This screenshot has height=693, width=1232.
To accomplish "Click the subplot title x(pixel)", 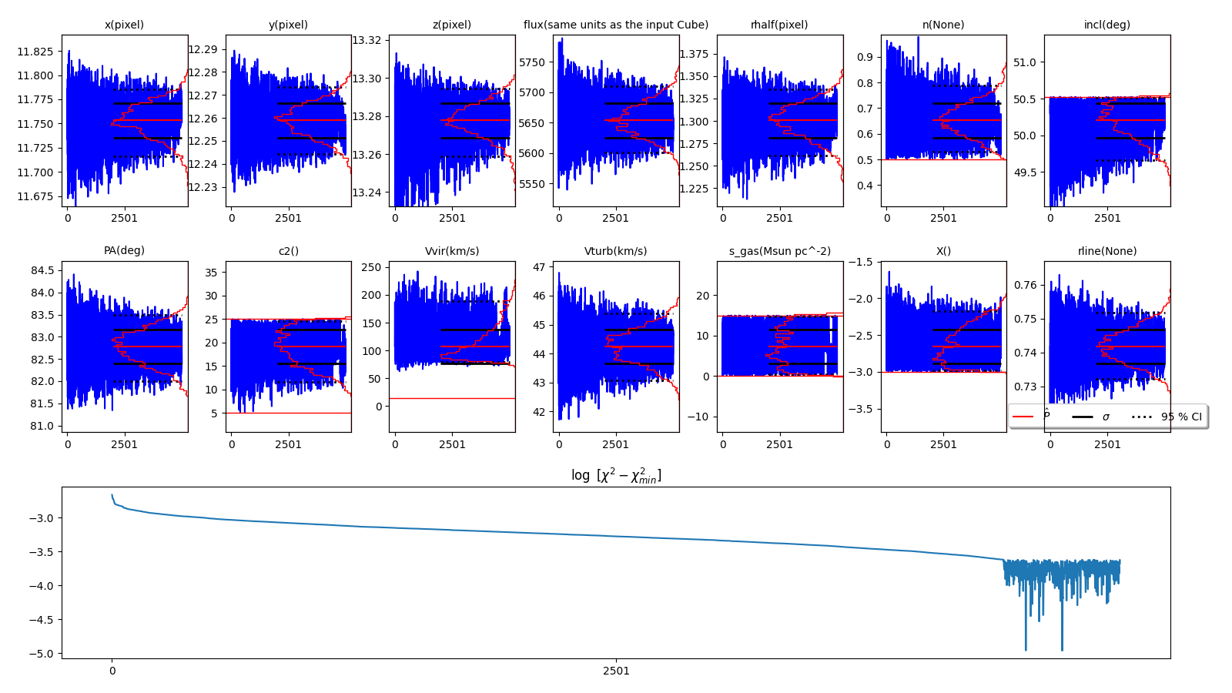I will click(124, 25).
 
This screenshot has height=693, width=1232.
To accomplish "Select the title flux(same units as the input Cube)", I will click(615, 25).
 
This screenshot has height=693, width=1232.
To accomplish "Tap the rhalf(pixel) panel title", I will click(779, 25).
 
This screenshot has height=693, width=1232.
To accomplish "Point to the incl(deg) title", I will click(1106, 25).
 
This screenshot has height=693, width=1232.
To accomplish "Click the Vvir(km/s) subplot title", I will click(451, 251).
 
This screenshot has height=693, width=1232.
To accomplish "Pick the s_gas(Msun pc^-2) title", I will click(779, 251).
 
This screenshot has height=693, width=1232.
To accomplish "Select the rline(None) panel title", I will click(1106, 251).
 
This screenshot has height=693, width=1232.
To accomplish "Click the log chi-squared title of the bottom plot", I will click(615, 476).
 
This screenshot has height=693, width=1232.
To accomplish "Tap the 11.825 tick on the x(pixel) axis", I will click(35, 52).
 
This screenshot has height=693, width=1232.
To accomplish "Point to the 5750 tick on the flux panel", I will click(532, 62).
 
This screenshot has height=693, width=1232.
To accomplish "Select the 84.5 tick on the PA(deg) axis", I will click(42, 270).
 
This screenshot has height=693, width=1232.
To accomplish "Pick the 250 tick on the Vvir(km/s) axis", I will click(371, 267).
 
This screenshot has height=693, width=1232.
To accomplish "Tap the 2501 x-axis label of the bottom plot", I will click(616, 671).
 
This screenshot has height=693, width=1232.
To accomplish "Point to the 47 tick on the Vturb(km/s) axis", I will click(538, 267).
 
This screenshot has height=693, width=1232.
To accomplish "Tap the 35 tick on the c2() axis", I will click(210, 273).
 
